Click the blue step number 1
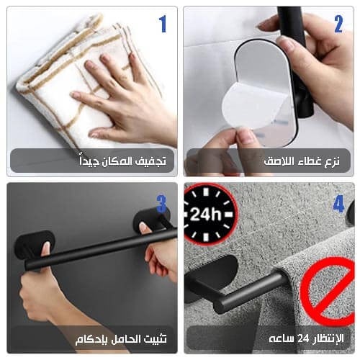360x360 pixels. tap(163, 24)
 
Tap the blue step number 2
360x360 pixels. tap(338, 24)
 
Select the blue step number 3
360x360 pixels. tap(161, 204)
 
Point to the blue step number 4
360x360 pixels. tap(339, 204)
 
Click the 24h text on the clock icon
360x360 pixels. tap(205, 214)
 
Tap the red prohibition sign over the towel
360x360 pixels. tap(328, 292)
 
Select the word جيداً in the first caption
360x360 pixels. tap(89, 161)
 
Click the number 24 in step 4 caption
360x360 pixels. tap(303, 338)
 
